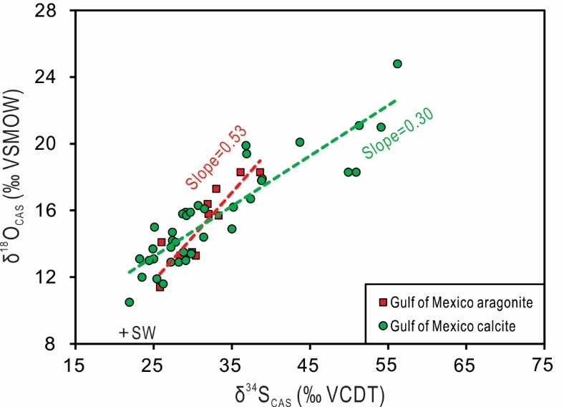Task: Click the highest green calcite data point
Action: click(397, 64)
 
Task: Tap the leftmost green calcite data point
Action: click(129, 302)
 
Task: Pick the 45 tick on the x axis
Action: click(309, 365)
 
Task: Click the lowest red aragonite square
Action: click(160, 287)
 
